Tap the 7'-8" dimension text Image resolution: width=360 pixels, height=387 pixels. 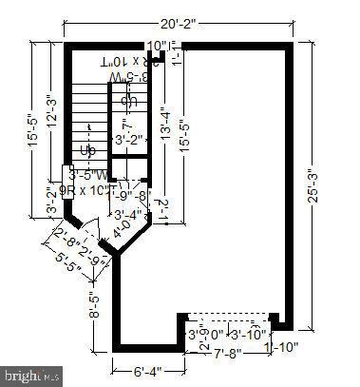(229, 354)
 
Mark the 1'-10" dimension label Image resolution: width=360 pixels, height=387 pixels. (282, 348)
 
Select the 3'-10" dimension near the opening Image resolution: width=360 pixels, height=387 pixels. (251, 334)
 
